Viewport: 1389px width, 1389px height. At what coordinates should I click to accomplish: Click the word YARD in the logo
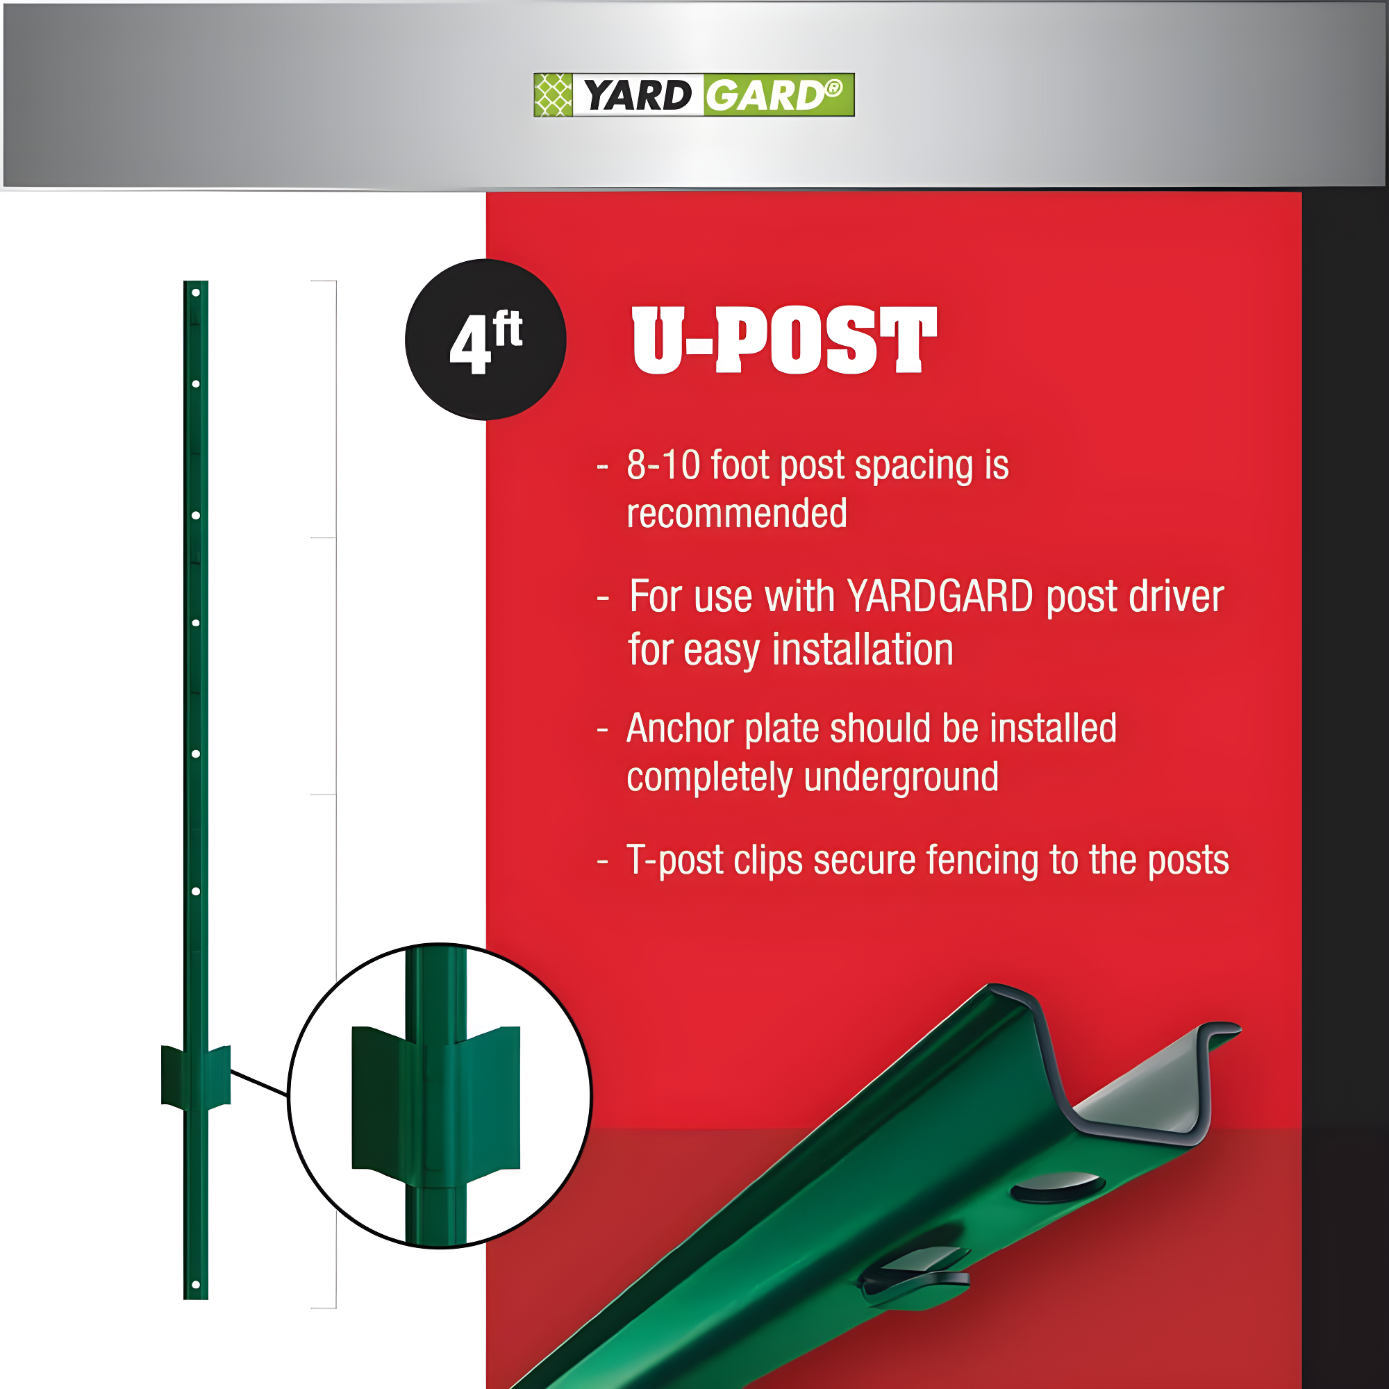(637, 96)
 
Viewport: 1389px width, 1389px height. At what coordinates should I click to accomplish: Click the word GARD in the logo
(763, 96)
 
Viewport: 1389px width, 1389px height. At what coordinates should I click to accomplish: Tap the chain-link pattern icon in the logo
(553, 95)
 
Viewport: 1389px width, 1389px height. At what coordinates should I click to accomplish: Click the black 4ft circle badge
(486, 340)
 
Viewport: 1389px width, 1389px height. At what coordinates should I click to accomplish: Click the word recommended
(736, 513)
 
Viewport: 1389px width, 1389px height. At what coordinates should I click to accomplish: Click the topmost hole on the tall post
(196, 292)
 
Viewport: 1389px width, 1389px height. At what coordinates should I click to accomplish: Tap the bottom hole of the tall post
(196, 1285)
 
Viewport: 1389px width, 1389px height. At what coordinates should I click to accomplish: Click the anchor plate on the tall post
(196, 1077)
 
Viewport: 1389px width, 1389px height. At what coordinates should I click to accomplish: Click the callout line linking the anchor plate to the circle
(259, 1083)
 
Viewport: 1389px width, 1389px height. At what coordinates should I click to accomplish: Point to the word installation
(862, 650)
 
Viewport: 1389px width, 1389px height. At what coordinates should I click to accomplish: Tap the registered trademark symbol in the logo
(833, 88)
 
